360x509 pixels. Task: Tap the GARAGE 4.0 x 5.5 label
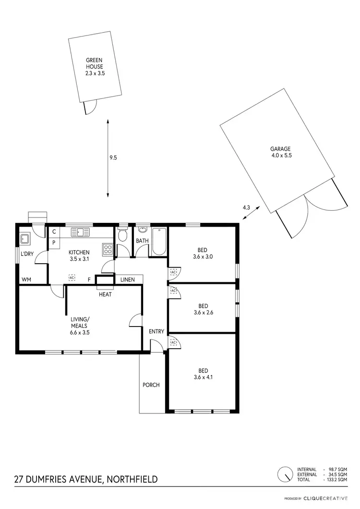tap(281, 152)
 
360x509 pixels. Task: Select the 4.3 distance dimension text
tap(246, 207)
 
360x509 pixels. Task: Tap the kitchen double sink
tap(81, 232)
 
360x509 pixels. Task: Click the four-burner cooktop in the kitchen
tap(108, 249)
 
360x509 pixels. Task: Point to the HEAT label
tap(105, 294)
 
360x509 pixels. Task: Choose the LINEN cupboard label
tap(127, 279)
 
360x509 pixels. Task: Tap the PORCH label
tap(151, 385)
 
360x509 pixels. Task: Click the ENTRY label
tap(156, 331)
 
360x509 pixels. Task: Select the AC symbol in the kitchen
tap(72, 278)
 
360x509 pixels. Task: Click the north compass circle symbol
tap(285, 474)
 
